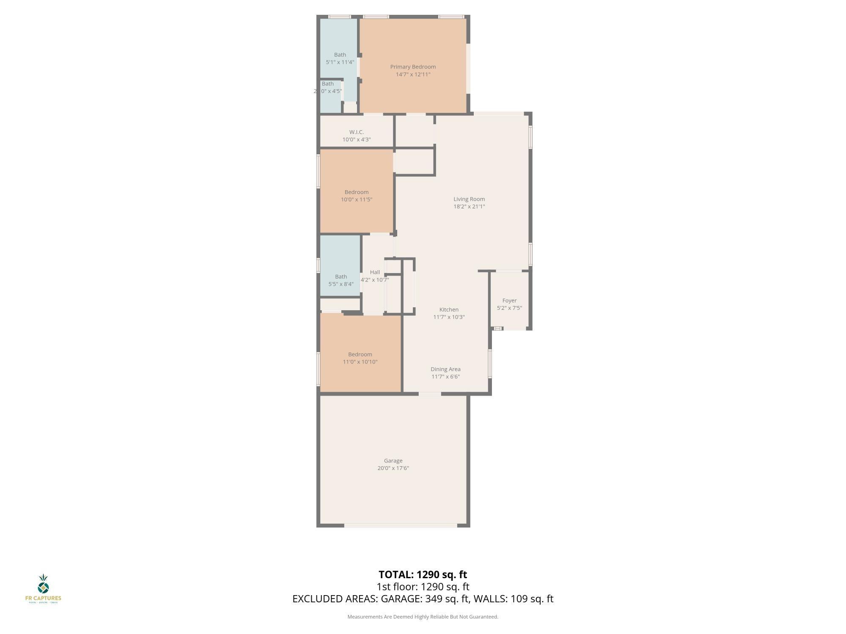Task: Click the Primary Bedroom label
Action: (413, 67)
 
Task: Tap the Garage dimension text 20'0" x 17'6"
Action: (393, 468)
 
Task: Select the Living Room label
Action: (469, 199)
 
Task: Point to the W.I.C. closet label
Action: (357, 132)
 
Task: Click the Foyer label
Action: (509, 301)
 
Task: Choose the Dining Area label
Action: (445, 369)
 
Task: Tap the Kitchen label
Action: (449, 309)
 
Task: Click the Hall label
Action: (375, 272)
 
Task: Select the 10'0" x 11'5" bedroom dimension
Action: (357, 199)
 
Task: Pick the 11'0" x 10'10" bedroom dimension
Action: (360, 362)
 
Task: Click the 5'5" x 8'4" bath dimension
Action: (341, 284)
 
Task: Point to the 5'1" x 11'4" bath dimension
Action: (340, 62)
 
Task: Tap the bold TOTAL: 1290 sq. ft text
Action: (423, 575)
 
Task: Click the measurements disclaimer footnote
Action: (423, 617)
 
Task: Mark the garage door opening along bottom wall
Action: (401, 525)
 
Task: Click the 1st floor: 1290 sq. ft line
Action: (423, 587)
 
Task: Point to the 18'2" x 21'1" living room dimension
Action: (469, 207)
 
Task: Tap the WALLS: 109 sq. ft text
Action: (513, 599)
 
